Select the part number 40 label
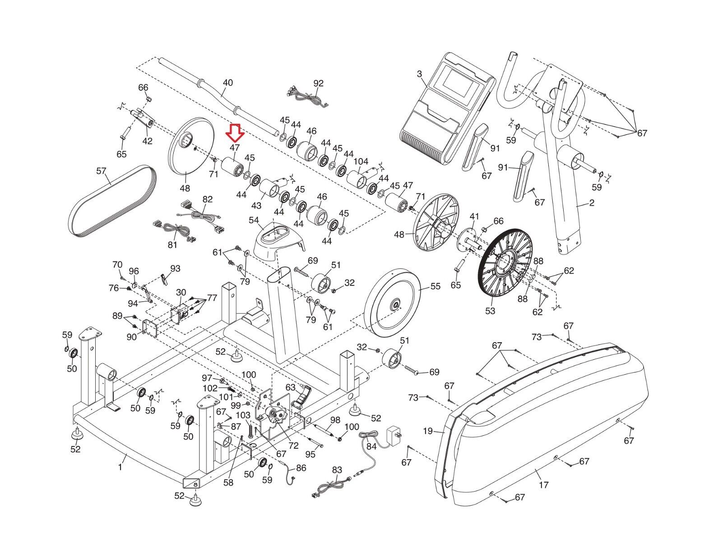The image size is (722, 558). point(228,83)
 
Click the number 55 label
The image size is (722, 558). point(435,286)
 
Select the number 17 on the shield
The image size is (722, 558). point(544,485)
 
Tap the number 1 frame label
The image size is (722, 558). point(120,467)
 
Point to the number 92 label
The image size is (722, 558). point(319,83)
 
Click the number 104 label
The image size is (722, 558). point(361,162)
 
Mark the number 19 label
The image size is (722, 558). point(428,432)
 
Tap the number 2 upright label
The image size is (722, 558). point(592,203)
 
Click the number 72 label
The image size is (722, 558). point(294,446)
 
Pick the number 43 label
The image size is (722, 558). point(256,205)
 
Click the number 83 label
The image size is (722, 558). point(337,470)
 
